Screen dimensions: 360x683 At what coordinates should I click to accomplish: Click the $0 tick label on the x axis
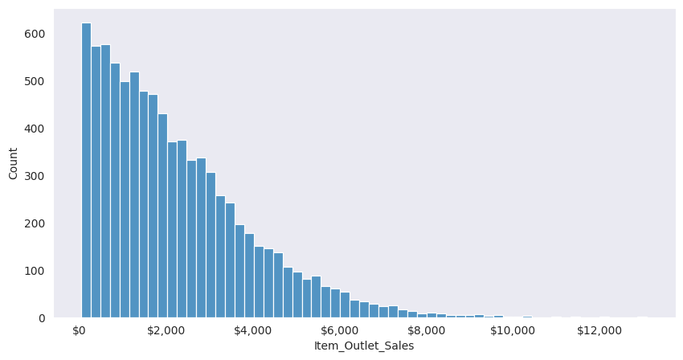(x=79, y=330)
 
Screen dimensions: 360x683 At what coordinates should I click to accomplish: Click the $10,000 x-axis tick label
(x=512, y=330)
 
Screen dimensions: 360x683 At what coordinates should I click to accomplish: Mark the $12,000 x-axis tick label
(x=599, y=330)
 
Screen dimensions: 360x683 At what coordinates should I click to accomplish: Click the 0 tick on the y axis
(x=40, y=318)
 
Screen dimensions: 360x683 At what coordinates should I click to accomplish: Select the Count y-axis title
(x=13, y=163)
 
